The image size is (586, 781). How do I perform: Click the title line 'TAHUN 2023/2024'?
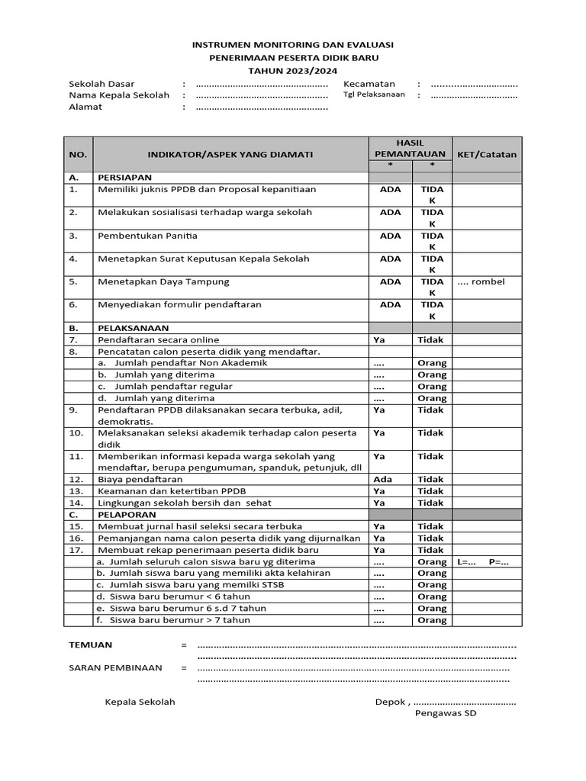click(x=293, y=69)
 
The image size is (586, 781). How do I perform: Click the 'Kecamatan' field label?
click(x=369, y=84)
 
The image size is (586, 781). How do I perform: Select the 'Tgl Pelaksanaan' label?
click(x=374, y=95)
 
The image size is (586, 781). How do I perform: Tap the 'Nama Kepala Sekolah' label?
click(x=119, y=95)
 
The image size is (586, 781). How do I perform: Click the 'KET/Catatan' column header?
click(x=487, y=154)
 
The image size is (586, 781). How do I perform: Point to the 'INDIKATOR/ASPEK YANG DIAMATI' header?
click(x=230, y=154)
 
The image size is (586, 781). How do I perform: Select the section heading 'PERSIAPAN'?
click(x=124, y=177)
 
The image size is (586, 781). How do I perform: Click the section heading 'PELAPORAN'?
click(x=124, y=515)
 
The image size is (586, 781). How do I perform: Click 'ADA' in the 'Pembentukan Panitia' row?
click(x=390, y=236)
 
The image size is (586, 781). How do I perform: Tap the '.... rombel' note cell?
click(x=481, y=281)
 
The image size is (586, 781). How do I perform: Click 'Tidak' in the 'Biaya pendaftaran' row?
click(x=430, y=479)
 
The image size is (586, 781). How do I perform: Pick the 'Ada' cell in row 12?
click(x=382, y=479)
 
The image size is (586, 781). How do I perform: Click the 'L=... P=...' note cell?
click(x=483, y=561)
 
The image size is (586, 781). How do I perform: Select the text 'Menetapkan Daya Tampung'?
click(x=163, y=281)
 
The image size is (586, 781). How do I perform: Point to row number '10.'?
click(x=76, y=433)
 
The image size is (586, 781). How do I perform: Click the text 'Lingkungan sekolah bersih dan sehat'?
click(x=185, y=503)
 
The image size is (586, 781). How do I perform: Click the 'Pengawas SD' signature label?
click(x=446, y=714)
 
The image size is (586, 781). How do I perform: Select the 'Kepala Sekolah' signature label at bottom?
click(x=140, y=702)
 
